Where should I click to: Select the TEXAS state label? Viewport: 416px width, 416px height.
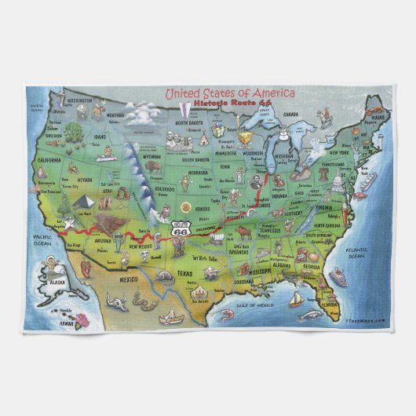pyautogui.click(x=184, y=273)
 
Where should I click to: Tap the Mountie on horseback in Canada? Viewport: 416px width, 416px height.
pyautogui.click(x=321, y=118)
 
